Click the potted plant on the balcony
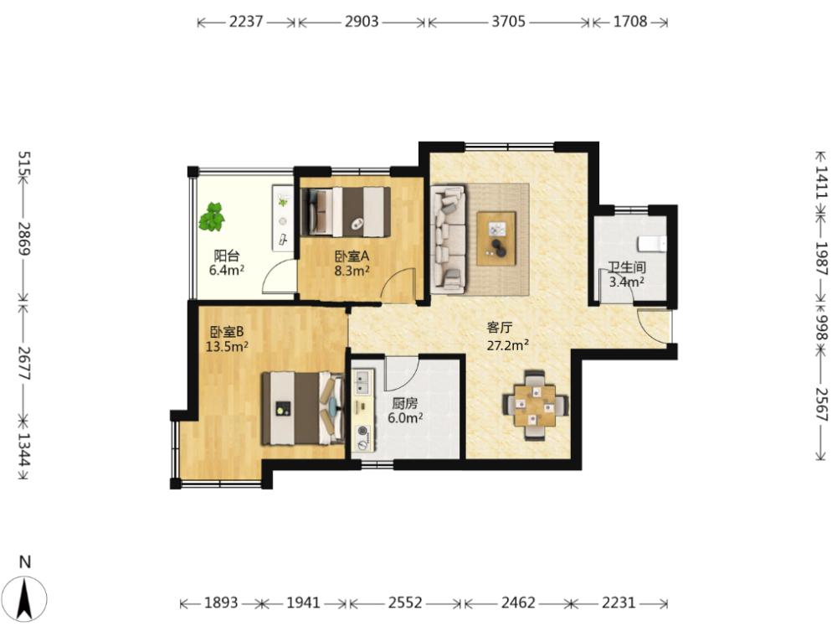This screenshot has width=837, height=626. click(x=212, y=216)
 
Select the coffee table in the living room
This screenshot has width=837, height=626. click(x=496, y=239)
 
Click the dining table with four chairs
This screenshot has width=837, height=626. click(x=535, y=406)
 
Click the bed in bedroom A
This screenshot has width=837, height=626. click(x=346, y=212)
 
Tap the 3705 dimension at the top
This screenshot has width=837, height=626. click(x=508, y=22)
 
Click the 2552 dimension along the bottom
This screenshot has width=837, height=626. click(x=404, y=603)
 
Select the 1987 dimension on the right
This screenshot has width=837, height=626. click(x=821, y=258)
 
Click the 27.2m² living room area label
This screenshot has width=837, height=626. click(x=508, y=345)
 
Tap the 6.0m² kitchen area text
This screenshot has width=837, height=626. click(x=405, y=417)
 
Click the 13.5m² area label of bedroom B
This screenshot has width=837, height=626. click(x=227, y=346)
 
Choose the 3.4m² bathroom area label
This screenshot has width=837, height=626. click(x=626, y=282)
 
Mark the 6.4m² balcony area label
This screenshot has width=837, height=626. click(x=226, y=270)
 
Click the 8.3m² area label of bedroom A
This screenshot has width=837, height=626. click(x=352, y=271)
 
